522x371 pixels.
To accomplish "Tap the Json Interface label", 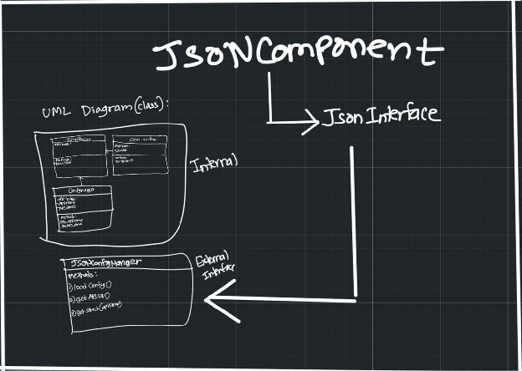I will click(x=381, y=116).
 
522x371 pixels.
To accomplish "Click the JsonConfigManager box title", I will click(x=102, y=263).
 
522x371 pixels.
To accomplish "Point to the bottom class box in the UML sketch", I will click(x=83, y=209).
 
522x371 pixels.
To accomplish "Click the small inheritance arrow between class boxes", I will click(x=82, y=180).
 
